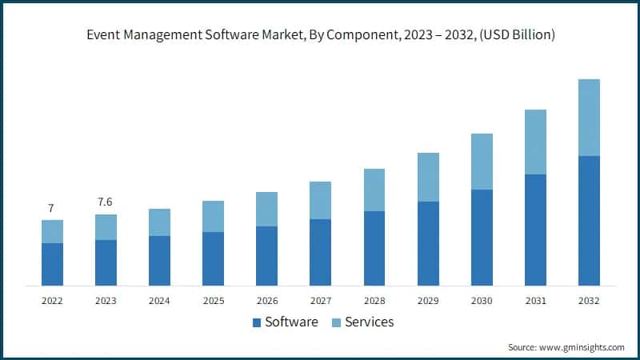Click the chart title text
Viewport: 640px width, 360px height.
click(x=320, y=35)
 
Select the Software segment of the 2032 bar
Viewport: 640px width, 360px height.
click(x=589, y=221)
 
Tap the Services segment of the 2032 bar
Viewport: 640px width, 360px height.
click(x=589, y=118)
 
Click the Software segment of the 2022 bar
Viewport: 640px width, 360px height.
click(x=52, y=264)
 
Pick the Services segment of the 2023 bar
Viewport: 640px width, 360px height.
click(x=106, y=227)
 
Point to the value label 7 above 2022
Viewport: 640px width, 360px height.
click(x=51, y=208)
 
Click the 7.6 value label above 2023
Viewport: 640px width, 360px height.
click(x=105, y=202)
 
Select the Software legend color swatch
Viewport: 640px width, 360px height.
click(x=256, y=322)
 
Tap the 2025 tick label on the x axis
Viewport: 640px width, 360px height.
click(x=213, y=301)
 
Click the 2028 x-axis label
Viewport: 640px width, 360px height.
click(x=374, y=301)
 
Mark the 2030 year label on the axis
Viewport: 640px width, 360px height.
click(x=482, y=301)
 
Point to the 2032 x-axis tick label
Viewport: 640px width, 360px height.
click(x=589, y=301)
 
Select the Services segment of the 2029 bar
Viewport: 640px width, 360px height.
click(x=428, y=177)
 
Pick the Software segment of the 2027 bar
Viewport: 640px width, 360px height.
click(x=320, y=252)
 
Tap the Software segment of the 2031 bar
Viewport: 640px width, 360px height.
click(x=535, y=230)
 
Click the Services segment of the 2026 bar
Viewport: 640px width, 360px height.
click(x=266, y=209)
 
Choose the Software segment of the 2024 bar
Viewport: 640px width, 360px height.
click(x=159, y=261)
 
